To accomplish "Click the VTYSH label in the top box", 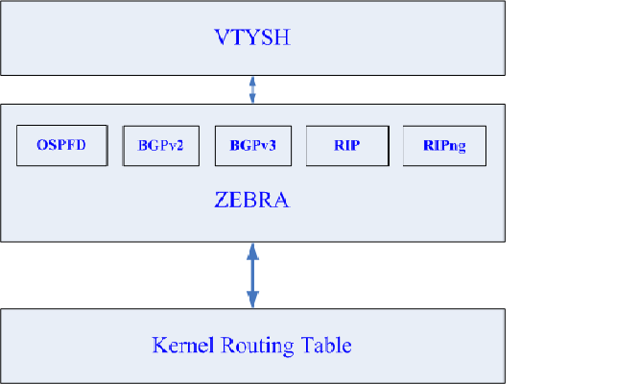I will pos(252,39).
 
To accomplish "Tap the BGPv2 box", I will pos(154,146).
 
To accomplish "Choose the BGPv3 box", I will pos(251,146).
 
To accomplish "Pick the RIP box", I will pos(347,146).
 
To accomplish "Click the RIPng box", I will pos(444,146).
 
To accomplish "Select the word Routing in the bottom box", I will pos(251,345).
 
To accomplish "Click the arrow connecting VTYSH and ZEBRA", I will pos(252,89).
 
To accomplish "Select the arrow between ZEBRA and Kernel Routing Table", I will pos(252,275).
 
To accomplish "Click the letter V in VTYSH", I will pos(220,39).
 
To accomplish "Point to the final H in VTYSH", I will pos(285,39).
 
